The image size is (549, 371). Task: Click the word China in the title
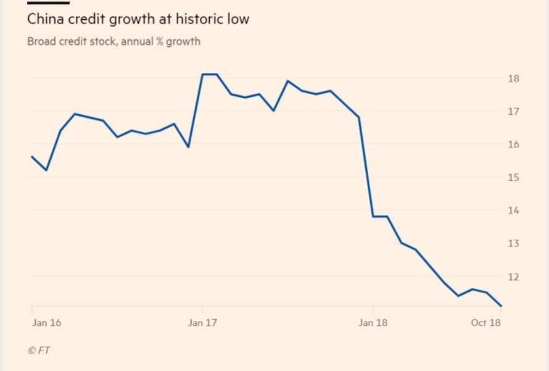click(x=44, y=19)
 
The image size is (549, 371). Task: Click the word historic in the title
click(x=194, y=19)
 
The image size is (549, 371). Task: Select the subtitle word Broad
click(x=41, y=42)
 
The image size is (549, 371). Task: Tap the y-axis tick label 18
click(x=513, y=78)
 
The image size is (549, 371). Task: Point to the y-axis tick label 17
click(x=513, y=111)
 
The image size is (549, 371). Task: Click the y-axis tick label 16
click(x=513, y=144)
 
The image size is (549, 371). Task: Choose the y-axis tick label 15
click(x=513, y=177)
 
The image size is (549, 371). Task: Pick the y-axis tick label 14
click(x=513, y=211)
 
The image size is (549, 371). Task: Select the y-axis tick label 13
click(x=513, y=243)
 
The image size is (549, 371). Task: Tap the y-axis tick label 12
click(x=513, y=277)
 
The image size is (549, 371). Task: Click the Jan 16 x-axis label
click(x=46, y=323)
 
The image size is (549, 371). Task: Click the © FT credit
click(x=39, y=350)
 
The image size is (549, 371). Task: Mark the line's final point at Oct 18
click(x=502, y=306)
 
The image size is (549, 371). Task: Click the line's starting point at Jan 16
click(x=32, y=157)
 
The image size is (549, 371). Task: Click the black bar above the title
click(x=48, y=2)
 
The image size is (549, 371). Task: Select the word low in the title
click(x=237, y=19)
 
